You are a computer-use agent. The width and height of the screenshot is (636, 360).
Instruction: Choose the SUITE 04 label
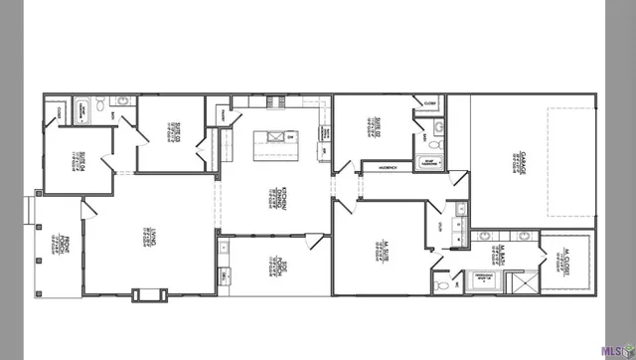pos(78,160)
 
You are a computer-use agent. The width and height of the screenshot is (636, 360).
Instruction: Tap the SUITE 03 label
pos(173,129)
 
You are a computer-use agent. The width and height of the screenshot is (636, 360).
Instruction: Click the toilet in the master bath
pos(442,283)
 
